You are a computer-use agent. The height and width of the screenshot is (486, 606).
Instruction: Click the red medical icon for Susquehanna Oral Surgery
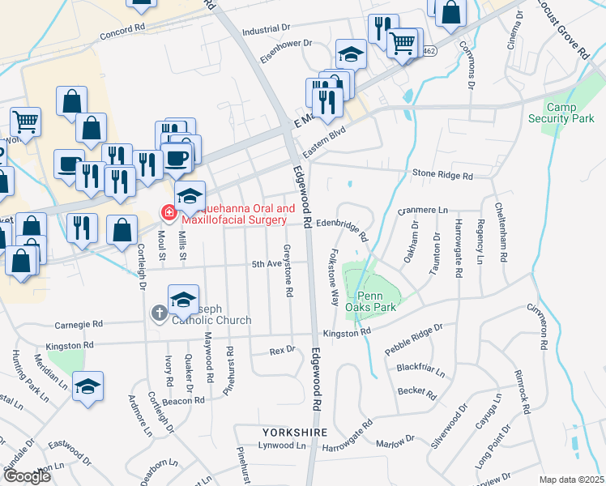point(169,214)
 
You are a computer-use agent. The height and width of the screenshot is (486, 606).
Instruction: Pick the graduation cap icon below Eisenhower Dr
point(351,55)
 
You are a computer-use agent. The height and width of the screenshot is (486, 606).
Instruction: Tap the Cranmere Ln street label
point(423,211)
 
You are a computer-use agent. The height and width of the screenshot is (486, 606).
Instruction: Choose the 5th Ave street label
point(267,264)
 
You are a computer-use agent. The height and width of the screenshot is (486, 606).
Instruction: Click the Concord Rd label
point(122,36)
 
